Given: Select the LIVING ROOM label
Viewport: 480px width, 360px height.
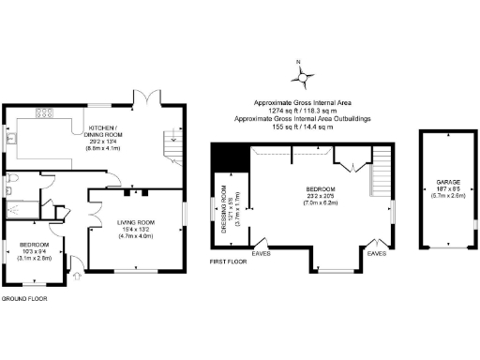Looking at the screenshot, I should (x=135, y=222).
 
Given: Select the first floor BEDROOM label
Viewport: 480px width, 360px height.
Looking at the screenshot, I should (x=321, y=191).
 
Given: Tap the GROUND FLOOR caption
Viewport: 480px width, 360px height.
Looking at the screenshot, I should (x=23, y=298).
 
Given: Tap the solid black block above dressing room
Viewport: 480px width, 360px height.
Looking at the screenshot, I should (x=221, y=158).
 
